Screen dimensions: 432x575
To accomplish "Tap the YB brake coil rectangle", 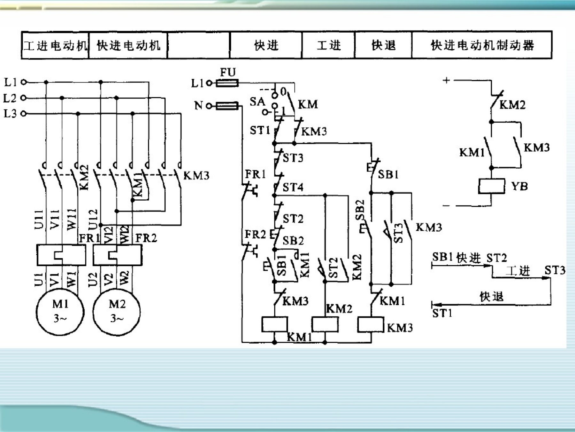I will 491,186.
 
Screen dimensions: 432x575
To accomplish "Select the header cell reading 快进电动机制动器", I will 482,45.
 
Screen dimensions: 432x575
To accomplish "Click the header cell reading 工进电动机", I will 55,45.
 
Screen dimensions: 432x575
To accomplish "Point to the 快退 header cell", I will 383,45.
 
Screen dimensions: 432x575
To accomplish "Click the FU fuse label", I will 227,72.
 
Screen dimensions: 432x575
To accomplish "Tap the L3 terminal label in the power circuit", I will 10,114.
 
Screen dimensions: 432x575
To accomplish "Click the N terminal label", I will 198,105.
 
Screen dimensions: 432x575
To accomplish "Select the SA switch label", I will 257,102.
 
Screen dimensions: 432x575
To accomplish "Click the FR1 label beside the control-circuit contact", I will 255,174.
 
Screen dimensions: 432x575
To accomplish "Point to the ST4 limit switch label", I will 293,187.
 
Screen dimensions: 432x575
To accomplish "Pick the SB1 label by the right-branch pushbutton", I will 388,174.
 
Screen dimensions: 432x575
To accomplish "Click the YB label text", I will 519,186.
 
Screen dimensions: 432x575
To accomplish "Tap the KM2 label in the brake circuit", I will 512,105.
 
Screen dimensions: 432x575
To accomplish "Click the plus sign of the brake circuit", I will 446,80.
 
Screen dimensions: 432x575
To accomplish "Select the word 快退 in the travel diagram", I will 491,297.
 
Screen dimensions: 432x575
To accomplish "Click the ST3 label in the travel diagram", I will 555,270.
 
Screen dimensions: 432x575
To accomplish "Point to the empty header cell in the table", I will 198,45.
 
